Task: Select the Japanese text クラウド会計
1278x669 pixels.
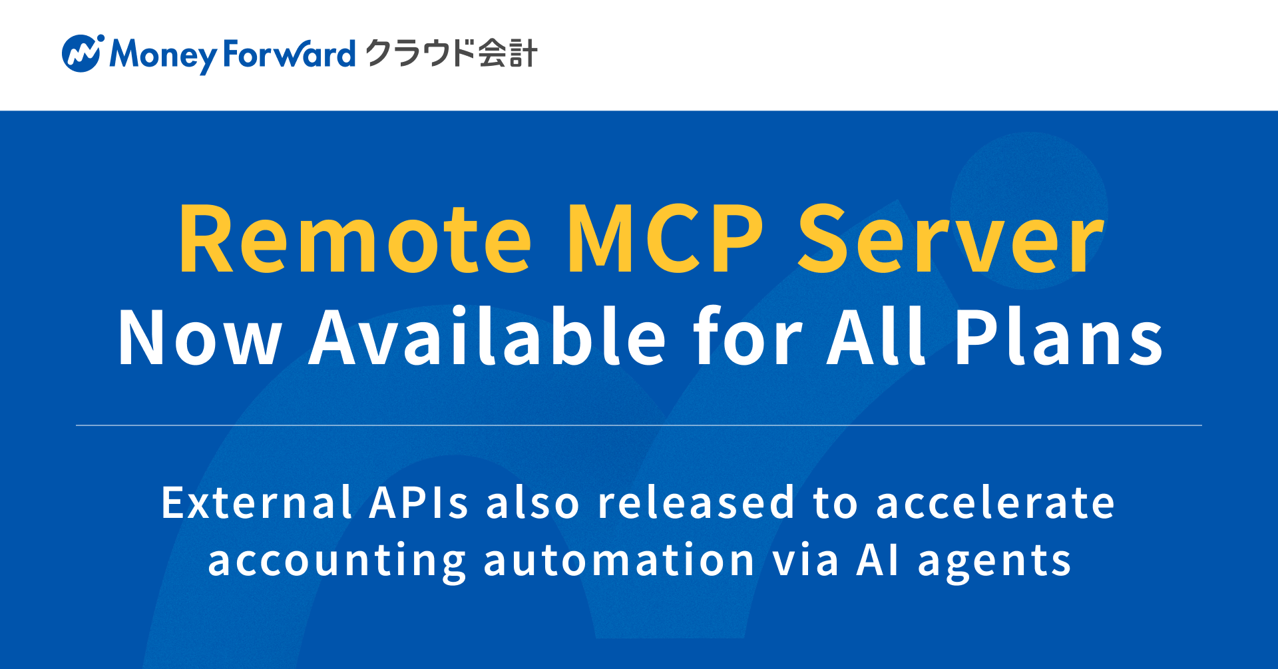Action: pos(451,53)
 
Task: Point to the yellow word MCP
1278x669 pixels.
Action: pos(665,239)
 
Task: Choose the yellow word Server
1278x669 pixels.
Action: pos(951,239)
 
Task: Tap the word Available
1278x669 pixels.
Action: pos(487,336)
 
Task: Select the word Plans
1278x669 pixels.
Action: pos(1059,336)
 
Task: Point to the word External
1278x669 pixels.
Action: pos(256,503)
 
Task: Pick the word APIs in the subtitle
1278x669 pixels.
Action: pos(419,503)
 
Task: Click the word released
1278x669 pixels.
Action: pos(696,503)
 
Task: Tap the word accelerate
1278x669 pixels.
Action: pos(995,504)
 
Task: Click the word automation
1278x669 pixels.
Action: pos(619,560)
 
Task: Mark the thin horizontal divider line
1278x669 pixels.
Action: pos(639,425)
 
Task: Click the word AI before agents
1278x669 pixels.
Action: pos(878,560)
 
